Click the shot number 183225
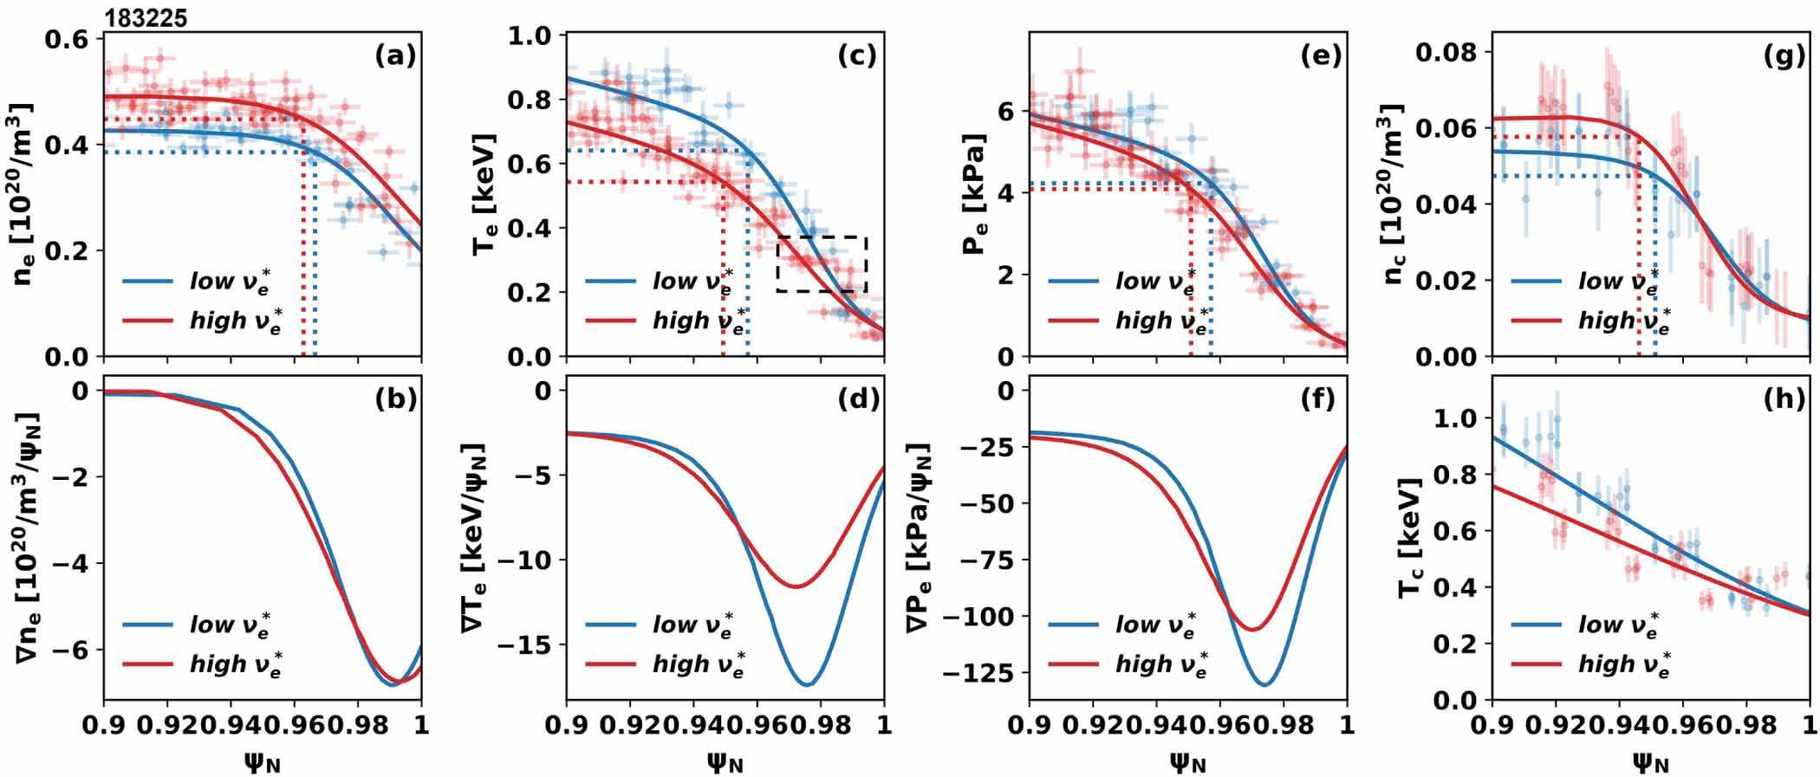click(x=146, y=18)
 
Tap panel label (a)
click(x=395, y=56)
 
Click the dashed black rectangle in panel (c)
click(x=822, y=263)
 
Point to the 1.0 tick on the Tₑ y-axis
click(x=531, y=36)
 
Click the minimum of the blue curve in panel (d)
click(x=807, y=685)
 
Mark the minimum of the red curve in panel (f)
click(x=1251, y=629)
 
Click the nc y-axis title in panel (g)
click(x=1392, y=194)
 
